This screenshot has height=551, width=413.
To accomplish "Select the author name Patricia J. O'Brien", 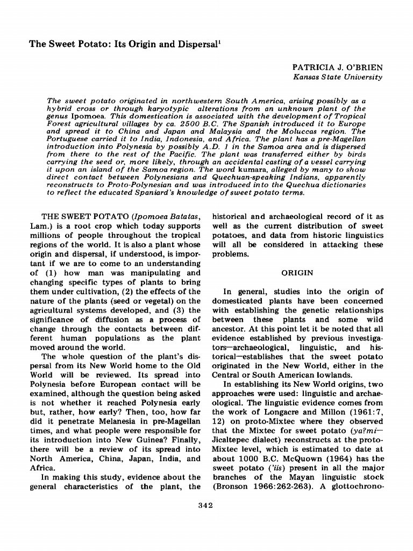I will [337, 68].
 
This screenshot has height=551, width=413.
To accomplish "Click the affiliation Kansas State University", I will [337, 77].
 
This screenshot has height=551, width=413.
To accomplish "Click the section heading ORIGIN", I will [297, 273].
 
